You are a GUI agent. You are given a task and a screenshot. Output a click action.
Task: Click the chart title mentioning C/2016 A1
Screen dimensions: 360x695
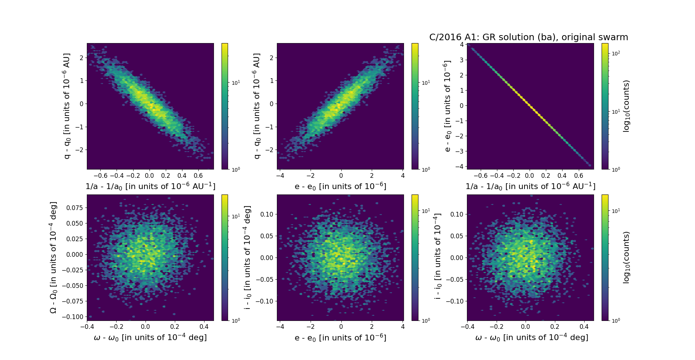pos(528,37)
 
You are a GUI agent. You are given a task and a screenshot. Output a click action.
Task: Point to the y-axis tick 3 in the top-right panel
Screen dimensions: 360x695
pos(462,60)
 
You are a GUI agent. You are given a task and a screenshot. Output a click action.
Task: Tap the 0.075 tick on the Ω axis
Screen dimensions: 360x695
pos(74,208)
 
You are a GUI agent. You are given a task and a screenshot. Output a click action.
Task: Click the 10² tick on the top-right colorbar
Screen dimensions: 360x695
pos(615,53)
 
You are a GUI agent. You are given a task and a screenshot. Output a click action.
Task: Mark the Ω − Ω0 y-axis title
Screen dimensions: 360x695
pos(53,258)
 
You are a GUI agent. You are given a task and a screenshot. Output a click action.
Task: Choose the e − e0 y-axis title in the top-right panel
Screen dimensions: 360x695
pos(448,106)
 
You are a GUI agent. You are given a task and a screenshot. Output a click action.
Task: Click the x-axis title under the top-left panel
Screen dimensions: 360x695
pos(150,186)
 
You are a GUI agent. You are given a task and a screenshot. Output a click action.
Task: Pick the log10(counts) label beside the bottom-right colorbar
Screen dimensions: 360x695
pos(627,258)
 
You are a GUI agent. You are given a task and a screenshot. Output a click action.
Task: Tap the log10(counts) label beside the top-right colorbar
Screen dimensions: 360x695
pos(627,106)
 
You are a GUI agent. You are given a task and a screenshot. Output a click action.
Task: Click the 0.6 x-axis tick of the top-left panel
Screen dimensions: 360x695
pos(198,176)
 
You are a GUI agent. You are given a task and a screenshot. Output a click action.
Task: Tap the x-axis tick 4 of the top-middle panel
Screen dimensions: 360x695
pos(403,176)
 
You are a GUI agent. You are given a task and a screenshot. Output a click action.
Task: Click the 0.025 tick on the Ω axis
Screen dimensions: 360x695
pos(74,239)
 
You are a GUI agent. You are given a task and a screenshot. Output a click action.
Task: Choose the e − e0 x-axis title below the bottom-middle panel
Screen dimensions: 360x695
pos(340,338)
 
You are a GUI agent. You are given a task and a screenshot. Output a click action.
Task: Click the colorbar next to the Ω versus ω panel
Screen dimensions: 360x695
pos(225,258)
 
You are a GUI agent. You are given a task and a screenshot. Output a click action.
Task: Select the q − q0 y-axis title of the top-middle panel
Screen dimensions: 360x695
pos(257,106)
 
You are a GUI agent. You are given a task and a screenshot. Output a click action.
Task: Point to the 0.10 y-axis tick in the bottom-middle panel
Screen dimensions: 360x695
pos(267,214)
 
